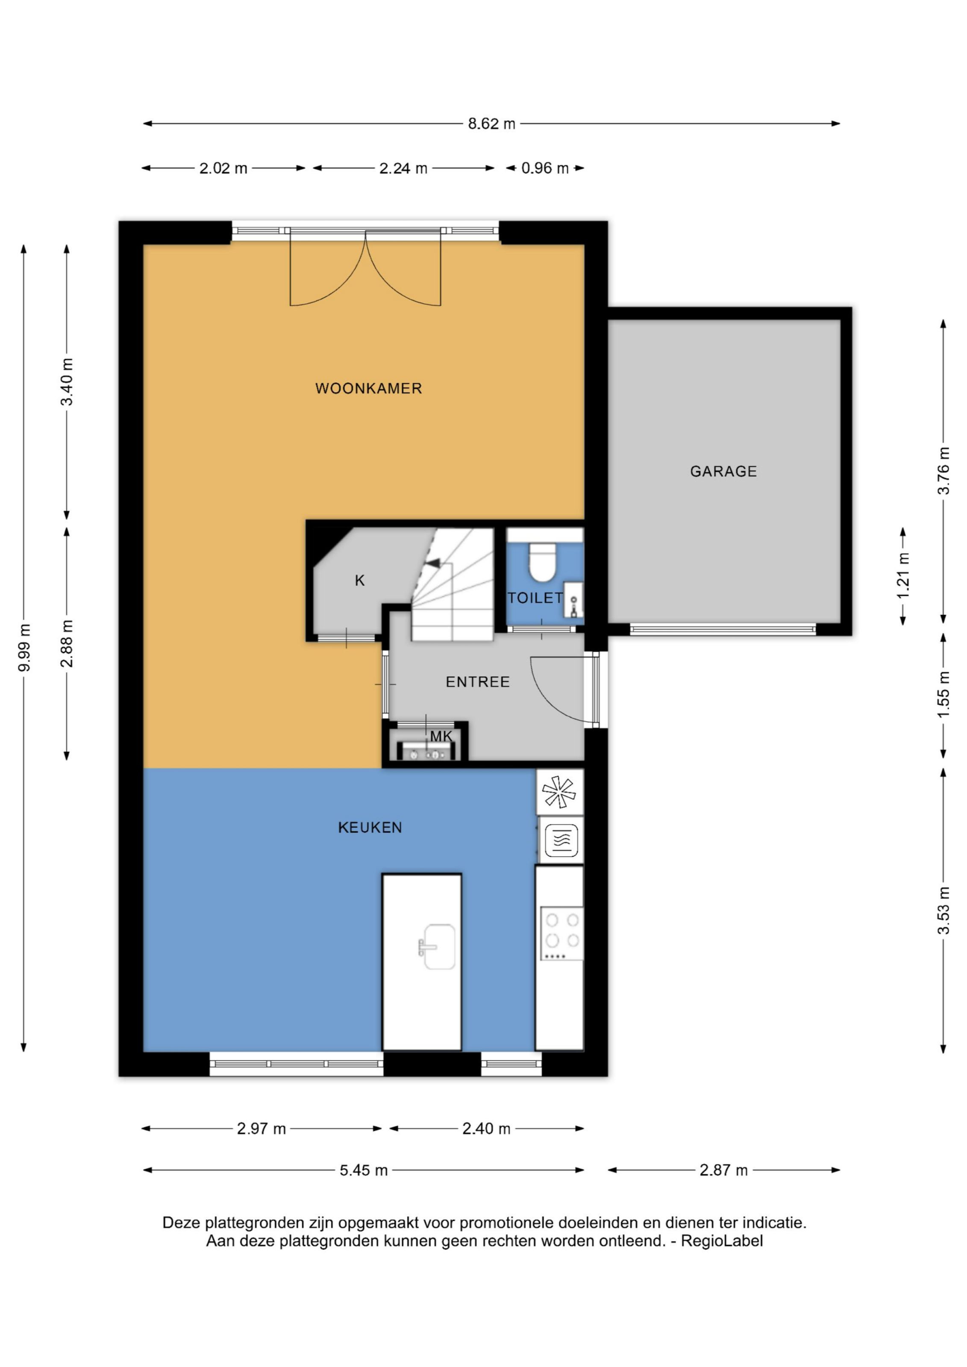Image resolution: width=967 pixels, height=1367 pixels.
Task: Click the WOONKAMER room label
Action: (x=369, y=389)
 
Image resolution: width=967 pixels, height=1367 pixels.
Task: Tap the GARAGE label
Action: (x=723, y=472)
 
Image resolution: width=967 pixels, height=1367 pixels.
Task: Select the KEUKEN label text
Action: (x=370, y=827)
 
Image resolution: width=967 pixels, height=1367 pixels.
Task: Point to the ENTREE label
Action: (x=478, y=682)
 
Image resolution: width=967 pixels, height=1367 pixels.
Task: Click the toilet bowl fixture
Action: (x=542, y=561)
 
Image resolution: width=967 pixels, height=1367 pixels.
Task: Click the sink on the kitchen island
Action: (x=438, y=946)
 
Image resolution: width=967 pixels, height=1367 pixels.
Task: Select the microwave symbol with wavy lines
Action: (x=561, y=840)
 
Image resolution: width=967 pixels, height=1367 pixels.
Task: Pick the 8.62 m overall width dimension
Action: (x=491, y=124)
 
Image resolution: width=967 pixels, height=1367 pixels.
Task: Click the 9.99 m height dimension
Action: (x=24, y=648)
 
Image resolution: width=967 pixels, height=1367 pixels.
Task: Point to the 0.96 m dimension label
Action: (x=545, y=168)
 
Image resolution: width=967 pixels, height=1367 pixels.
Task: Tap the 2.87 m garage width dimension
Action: (x=723, y=1170)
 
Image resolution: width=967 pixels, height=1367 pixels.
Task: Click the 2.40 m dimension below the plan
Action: (x=486, y=1129)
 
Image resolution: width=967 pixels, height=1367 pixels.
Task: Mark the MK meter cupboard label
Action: (x=441, y=736)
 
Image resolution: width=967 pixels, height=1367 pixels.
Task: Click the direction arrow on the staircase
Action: (x=433, y=562)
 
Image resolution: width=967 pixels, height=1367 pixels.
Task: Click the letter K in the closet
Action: (x=360, y=581)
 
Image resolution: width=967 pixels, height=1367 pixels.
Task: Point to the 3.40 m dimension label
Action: (x=67, y=381)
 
